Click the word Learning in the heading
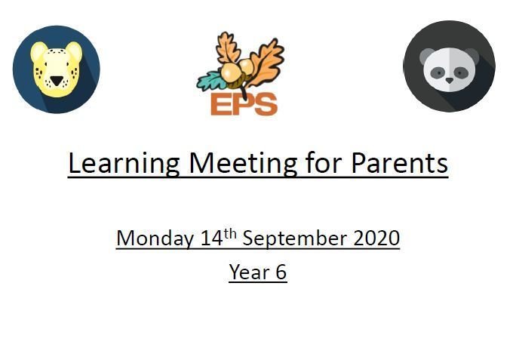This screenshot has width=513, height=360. tap(124, 164)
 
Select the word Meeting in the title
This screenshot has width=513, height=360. tap(243, 164)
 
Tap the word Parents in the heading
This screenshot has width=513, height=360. tap(399, 163)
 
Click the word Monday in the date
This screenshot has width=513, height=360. tap(155, 238)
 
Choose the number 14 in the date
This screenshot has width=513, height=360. tap(212, 238)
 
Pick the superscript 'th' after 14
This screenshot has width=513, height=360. tap(230, 234)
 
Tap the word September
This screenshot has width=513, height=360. tap(294, 238)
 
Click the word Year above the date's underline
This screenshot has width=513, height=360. tap(249, 272)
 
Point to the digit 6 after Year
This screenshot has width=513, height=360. tap(281, 272)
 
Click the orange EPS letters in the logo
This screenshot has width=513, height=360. tap(244, 104)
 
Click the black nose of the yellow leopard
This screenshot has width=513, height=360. tap(57, 81)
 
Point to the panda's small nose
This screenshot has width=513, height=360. tap(450, 80)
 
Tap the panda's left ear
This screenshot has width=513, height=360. tap(427, 55)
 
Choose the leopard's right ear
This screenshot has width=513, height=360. tap(74, 51)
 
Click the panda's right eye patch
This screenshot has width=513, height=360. tap(460, 72)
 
